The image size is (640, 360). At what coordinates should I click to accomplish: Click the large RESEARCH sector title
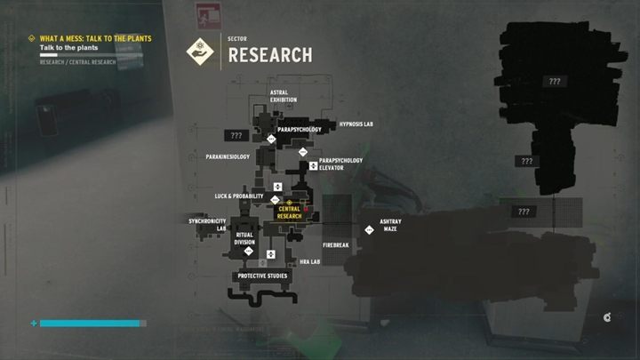tap(270, 55)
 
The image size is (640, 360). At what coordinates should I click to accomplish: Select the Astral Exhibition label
tap(284, 96)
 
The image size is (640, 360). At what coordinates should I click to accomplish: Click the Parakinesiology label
tap(227, 156)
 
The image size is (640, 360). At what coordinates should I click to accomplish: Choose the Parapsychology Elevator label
tap(341, 164)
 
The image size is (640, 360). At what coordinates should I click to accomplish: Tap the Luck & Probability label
tap(240, 196)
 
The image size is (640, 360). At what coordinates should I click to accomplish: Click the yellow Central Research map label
tap(289, 212)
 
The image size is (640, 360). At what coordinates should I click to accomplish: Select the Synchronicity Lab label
tap(207, 224)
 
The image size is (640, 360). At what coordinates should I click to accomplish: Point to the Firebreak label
tap(335, 244)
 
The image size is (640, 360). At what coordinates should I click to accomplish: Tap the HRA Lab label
tap(309, 261)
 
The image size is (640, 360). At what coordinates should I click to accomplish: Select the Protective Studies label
tap(263, 276)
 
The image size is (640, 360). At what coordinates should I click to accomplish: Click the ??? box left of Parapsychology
tap(236, 136)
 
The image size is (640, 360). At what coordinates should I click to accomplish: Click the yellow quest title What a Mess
tap(95, 38)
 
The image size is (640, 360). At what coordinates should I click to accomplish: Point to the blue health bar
tap(90, 324)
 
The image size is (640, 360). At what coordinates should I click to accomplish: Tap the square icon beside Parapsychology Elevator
tap(313, 164)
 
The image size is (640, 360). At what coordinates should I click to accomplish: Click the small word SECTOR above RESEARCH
tap(237, 40)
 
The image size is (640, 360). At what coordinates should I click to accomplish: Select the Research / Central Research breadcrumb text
tap(77, 62)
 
